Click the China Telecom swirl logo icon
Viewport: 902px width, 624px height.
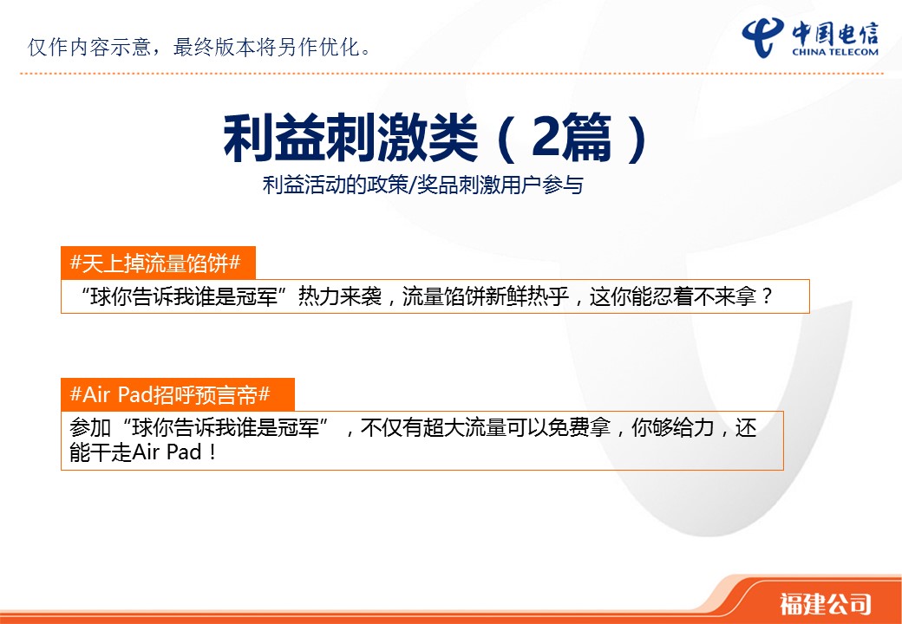pyautogui.click(x=763, y=37)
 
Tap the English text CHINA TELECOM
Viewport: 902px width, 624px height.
pyautogui.click(x=835, y=52)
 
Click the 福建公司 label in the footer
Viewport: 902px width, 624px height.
pyautogui.click(x=825, y=603)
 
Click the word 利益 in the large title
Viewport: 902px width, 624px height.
pyautogui.click(x=274, y=138)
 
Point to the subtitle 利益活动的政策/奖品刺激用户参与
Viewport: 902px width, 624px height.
pyautogui.click(x=423, y=185)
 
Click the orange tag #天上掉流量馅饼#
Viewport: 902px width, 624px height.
pyautogui.click(x=155, y=263)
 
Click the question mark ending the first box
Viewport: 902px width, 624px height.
pyautogui.click(x=766, y=296)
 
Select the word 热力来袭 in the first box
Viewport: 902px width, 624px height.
pyautogui.click(x=340, y=296)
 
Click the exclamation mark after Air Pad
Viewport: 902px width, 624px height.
pyautogui.click(x=212, y=452)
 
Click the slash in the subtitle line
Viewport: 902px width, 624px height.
pyautogui.click(x=412, y=185)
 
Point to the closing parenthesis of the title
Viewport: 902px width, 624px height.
pyautogui.click(x=637, y=139)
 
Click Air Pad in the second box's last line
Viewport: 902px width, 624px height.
pyautogui.click(x=167, y=452)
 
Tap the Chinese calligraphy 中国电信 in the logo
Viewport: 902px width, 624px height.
pyautogui.click(x=835, y=33)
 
